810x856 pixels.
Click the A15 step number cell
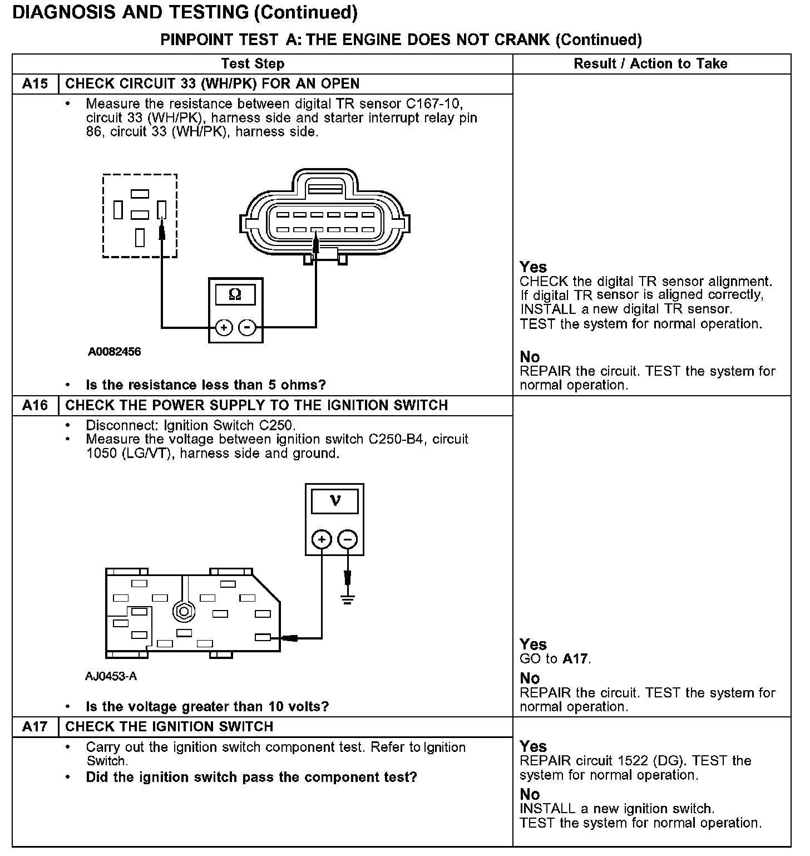(x=35, y=84)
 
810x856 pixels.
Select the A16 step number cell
(x=35, y=405)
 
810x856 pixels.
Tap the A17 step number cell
(x=35, y=727)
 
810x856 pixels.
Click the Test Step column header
(x=253, y=63)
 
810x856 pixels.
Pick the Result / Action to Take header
(x=650, y=63)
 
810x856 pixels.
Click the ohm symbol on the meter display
(x=235, y=294)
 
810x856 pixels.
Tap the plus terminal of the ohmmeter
(x=224, y=327)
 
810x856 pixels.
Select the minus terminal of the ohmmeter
(x=247, y=327)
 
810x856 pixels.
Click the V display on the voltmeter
(x=335, y=501)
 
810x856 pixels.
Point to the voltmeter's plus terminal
(x=322, y=539)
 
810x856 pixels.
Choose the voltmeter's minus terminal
(x=348, y=539)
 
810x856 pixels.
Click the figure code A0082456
(x=114, y=352)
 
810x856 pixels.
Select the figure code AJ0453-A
(x=111, y=676)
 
